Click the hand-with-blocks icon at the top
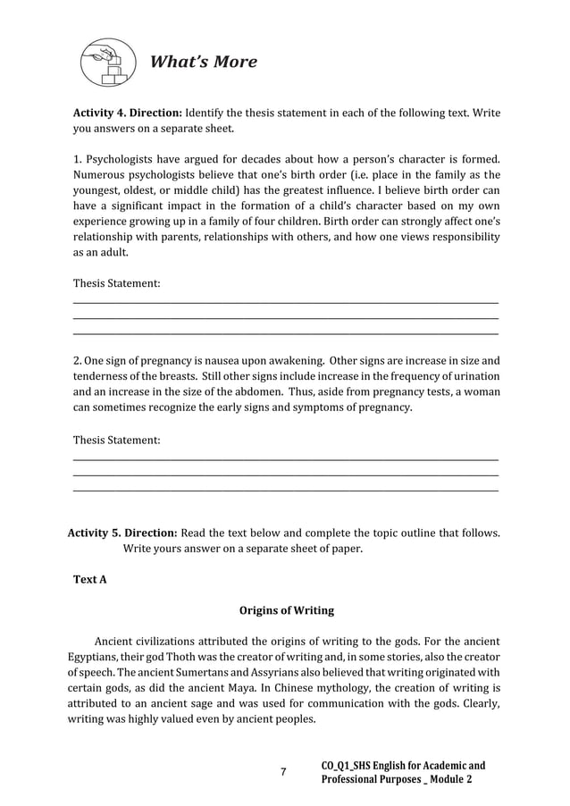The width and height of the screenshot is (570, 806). point(105,61)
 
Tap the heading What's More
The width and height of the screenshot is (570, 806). point(203,62)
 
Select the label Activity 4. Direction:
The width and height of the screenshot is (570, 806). point(127,113)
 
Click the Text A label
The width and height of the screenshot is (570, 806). point(89,580)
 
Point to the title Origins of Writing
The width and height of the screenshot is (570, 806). point(286,611)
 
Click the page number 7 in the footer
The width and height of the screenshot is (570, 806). point(283,772)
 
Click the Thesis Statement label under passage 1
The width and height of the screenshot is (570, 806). point(116,283)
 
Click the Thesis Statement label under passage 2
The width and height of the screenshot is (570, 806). point(116,440)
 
